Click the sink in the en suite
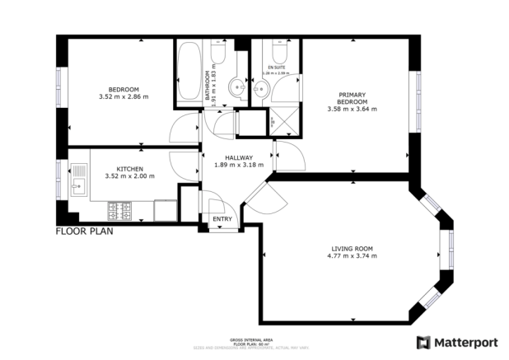click(261, 92)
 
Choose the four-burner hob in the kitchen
click(126, 212)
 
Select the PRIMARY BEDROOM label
click(352, 98)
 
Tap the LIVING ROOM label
click(353, 248)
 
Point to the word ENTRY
click(222, 219)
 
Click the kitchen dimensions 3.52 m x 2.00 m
click(129, 175)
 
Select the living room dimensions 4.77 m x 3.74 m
click(353, 256)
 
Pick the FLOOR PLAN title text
click(84, 231)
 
